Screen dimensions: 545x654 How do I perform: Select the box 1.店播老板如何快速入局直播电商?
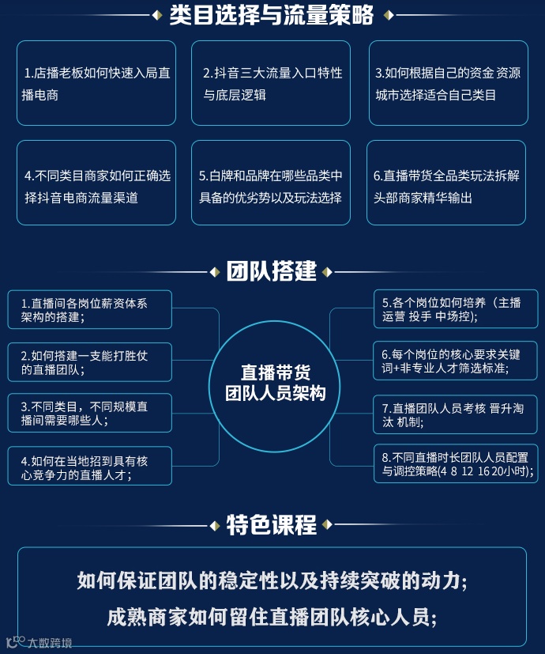pos(96,84)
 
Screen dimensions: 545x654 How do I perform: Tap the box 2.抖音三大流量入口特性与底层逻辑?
pos(271,84)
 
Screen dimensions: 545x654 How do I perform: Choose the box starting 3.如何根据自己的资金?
pos(449,84)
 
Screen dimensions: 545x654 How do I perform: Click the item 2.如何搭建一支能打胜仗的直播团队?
pos(90,362)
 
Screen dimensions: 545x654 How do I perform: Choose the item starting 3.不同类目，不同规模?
pos(90,413)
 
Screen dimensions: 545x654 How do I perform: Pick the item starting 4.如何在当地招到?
pos(90,467)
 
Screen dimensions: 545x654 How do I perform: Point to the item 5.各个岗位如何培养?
pos(457,309)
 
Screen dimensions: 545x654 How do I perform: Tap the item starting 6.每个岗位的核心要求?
pos(457,361)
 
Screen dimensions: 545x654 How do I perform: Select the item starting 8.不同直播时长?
pos(457,464)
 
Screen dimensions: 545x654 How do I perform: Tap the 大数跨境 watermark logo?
pos(39,642)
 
